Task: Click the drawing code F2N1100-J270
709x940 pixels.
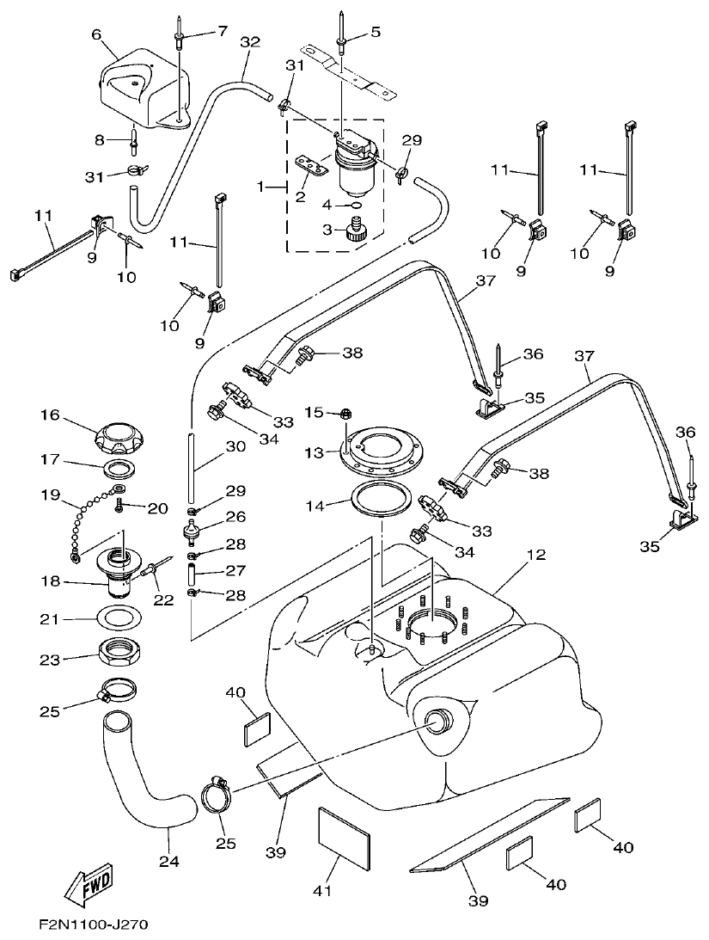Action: click(x=93, y=926)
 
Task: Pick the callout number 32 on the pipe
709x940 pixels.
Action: click(x=250, y=41)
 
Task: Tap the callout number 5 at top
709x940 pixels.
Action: click(x=376, y=33)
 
